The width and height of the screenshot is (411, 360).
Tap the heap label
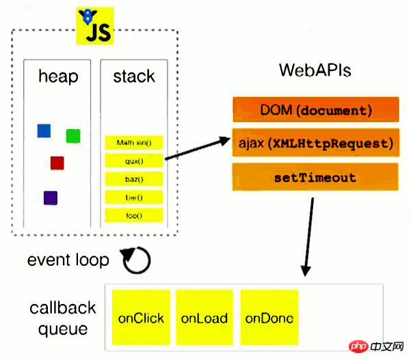[57, 76]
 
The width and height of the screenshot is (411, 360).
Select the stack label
[134, 76]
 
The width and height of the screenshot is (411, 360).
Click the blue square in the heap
[44, 130]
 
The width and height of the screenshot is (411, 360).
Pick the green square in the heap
[73, 136]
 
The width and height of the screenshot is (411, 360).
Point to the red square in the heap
[57, 163]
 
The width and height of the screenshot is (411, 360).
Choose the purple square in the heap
[51, 198]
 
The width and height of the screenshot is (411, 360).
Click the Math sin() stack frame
[134, 143]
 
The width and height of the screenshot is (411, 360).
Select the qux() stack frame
[134, 161]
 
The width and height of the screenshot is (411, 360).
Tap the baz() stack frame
[134, 179]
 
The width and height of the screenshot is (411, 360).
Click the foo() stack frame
[134, 215]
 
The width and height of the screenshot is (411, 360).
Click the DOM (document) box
[315, 109]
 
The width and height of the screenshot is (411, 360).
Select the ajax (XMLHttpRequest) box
[315, 143]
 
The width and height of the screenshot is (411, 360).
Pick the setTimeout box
[315, 177]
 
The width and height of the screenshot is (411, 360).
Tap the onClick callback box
[140, 318]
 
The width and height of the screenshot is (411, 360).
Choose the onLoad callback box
[204, 318]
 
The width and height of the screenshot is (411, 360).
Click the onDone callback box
[269, 318]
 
